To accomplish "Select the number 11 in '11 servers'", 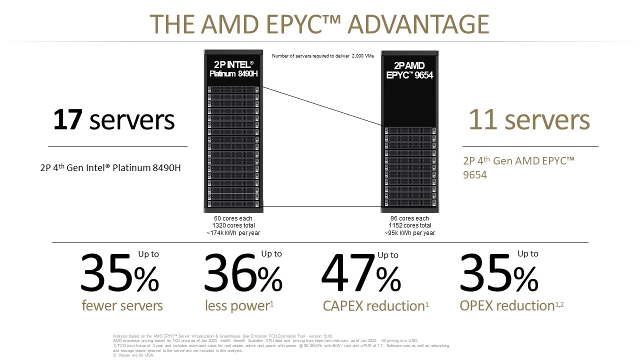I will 482,120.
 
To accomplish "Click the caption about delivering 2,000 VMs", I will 322,56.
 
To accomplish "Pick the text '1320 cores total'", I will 233,225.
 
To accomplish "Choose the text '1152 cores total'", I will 409,225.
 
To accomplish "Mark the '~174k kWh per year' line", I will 233,233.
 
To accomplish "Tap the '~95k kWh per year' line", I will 409,233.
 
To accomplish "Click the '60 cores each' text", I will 233,218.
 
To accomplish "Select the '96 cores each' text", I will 409,218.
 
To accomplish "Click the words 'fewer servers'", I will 122,305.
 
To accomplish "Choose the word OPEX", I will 480,305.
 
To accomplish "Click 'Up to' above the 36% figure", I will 271,254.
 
